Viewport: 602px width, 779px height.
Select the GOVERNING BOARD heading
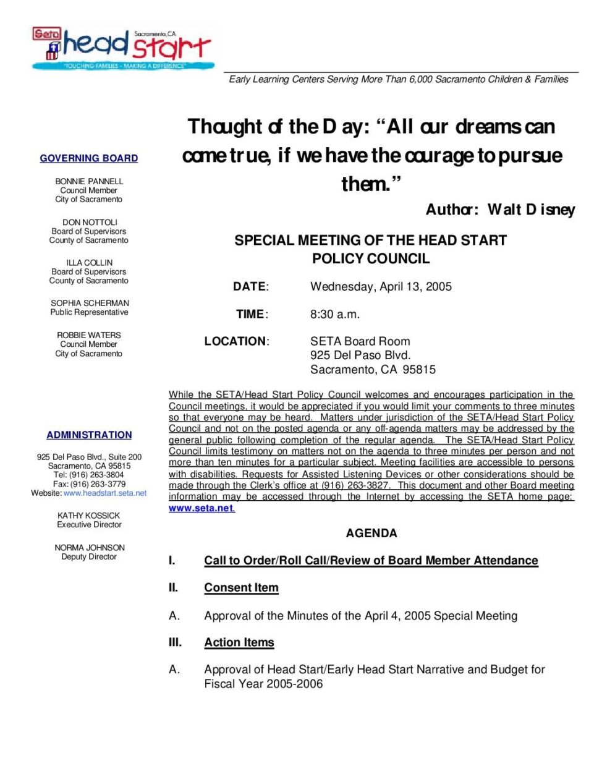point(89,158)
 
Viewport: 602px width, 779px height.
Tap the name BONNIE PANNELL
point(89,181)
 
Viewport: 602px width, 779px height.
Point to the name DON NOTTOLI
point(90,222)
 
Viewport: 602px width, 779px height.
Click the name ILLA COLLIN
point(90,263)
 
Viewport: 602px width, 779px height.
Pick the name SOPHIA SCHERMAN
point(90,303)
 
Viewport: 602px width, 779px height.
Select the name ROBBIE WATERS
point(89,335)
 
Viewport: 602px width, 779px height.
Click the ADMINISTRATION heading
point(89,435)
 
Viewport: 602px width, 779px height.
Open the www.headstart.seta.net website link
point(105,493)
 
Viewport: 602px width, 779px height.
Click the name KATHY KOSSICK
point(89,516)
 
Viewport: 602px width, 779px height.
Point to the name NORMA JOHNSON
point(90,548)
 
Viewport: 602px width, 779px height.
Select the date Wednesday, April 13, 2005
point(381,286)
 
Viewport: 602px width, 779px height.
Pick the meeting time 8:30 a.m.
point(334,314)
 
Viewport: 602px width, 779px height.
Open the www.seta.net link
point(201,508)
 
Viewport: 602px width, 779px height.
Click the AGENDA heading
point(371,533)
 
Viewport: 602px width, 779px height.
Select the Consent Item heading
point(241,587)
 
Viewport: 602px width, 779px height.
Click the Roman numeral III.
point(176,642)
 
